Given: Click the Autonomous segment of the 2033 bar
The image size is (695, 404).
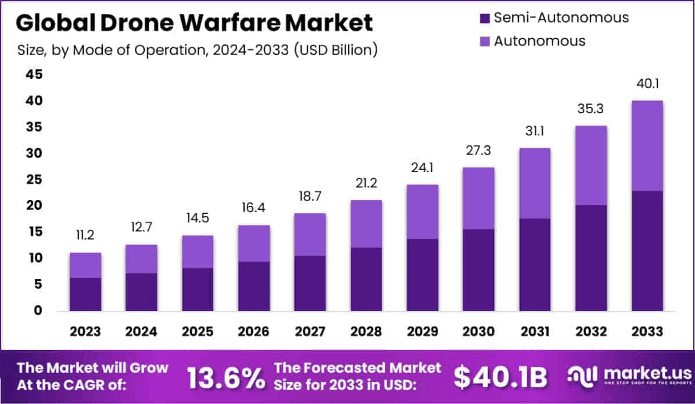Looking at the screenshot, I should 647,145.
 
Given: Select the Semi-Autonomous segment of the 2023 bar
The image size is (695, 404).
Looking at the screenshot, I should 85,294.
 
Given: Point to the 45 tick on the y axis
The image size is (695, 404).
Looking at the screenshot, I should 34,74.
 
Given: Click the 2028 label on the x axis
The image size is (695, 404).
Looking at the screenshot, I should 367,331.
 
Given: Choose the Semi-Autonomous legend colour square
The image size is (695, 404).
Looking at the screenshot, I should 485,18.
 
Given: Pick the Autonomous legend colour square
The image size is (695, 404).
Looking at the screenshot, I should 485,41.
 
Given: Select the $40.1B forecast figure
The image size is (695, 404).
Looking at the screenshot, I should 500,377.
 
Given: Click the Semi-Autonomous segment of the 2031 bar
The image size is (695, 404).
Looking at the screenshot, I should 535,264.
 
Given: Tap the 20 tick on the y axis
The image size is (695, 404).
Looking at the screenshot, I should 34,205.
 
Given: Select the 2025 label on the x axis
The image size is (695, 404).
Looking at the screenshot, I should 198,331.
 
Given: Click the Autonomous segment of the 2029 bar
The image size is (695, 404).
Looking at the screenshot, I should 423,212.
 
